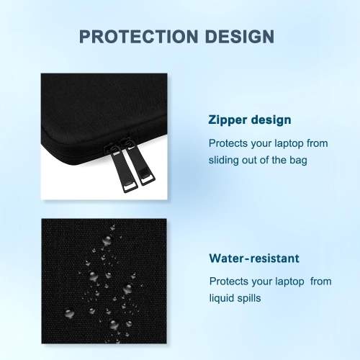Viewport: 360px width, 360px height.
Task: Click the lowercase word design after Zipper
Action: pos(271,121)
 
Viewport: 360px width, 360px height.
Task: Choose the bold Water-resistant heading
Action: pos(254,258)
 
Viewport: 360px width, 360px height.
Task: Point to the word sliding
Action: pos(225,160)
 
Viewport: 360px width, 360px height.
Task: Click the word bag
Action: pos(298,160)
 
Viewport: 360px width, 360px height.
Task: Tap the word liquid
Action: pos(222,298)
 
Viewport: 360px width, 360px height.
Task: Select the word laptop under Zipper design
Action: pos(289,143)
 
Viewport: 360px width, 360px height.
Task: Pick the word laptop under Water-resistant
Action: pos(289,281)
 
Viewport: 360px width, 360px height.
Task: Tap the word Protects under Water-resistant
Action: pos(228,281)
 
